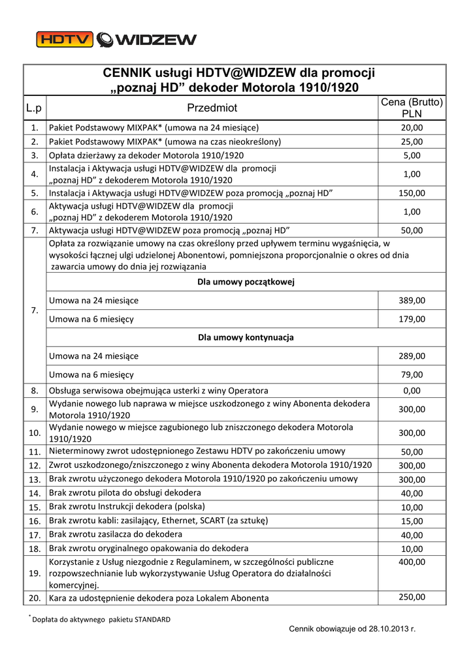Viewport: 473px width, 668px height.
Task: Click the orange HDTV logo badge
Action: tap(64, 40)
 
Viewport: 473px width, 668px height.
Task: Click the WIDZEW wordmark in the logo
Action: tap(155, 40)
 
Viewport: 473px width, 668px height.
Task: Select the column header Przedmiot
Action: tap(212, 108)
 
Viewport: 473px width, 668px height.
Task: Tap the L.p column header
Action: tap(34, 108)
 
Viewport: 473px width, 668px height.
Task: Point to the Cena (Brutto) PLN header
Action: tap(412, 108)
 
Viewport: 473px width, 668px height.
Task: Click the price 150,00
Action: tap(412, 193)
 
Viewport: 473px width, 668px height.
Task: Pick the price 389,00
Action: tap(412, 300)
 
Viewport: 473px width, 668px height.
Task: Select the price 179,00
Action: tap(412, 319)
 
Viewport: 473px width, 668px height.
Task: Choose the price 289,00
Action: tap(412, 356)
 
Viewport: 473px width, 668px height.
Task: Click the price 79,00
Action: tap(412, 374)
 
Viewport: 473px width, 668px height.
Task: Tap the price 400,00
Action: tap(412, 562)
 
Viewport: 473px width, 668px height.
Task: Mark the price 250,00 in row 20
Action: tap(412, 597)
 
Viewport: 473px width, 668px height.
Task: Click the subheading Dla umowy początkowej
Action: tap(246, 282)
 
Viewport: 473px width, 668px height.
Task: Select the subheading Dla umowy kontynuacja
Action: tap(246, 337)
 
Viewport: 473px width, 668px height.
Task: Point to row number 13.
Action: tap(35, 479)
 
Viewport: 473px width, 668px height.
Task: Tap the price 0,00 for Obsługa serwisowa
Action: tap(412, 391)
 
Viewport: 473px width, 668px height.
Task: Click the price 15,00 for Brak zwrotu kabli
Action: tap(412, 521)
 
